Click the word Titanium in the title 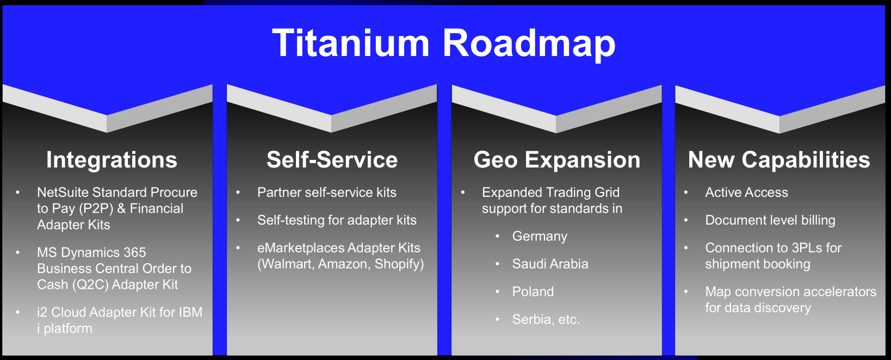coord(351,43)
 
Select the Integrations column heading coord(112,160)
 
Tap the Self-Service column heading coord(332,159)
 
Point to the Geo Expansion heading coord(557,160)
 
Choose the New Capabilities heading coord(779,160)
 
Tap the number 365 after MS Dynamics coord(135,252)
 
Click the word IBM coord(190,312)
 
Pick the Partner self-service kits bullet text coord(326,192)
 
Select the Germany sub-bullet coord(540,237)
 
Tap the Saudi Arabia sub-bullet coord(550,264)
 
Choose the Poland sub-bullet coord(533,291)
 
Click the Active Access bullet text coord(747,192)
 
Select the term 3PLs coord(807,248)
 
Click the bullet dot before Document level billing coord(686,220)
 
